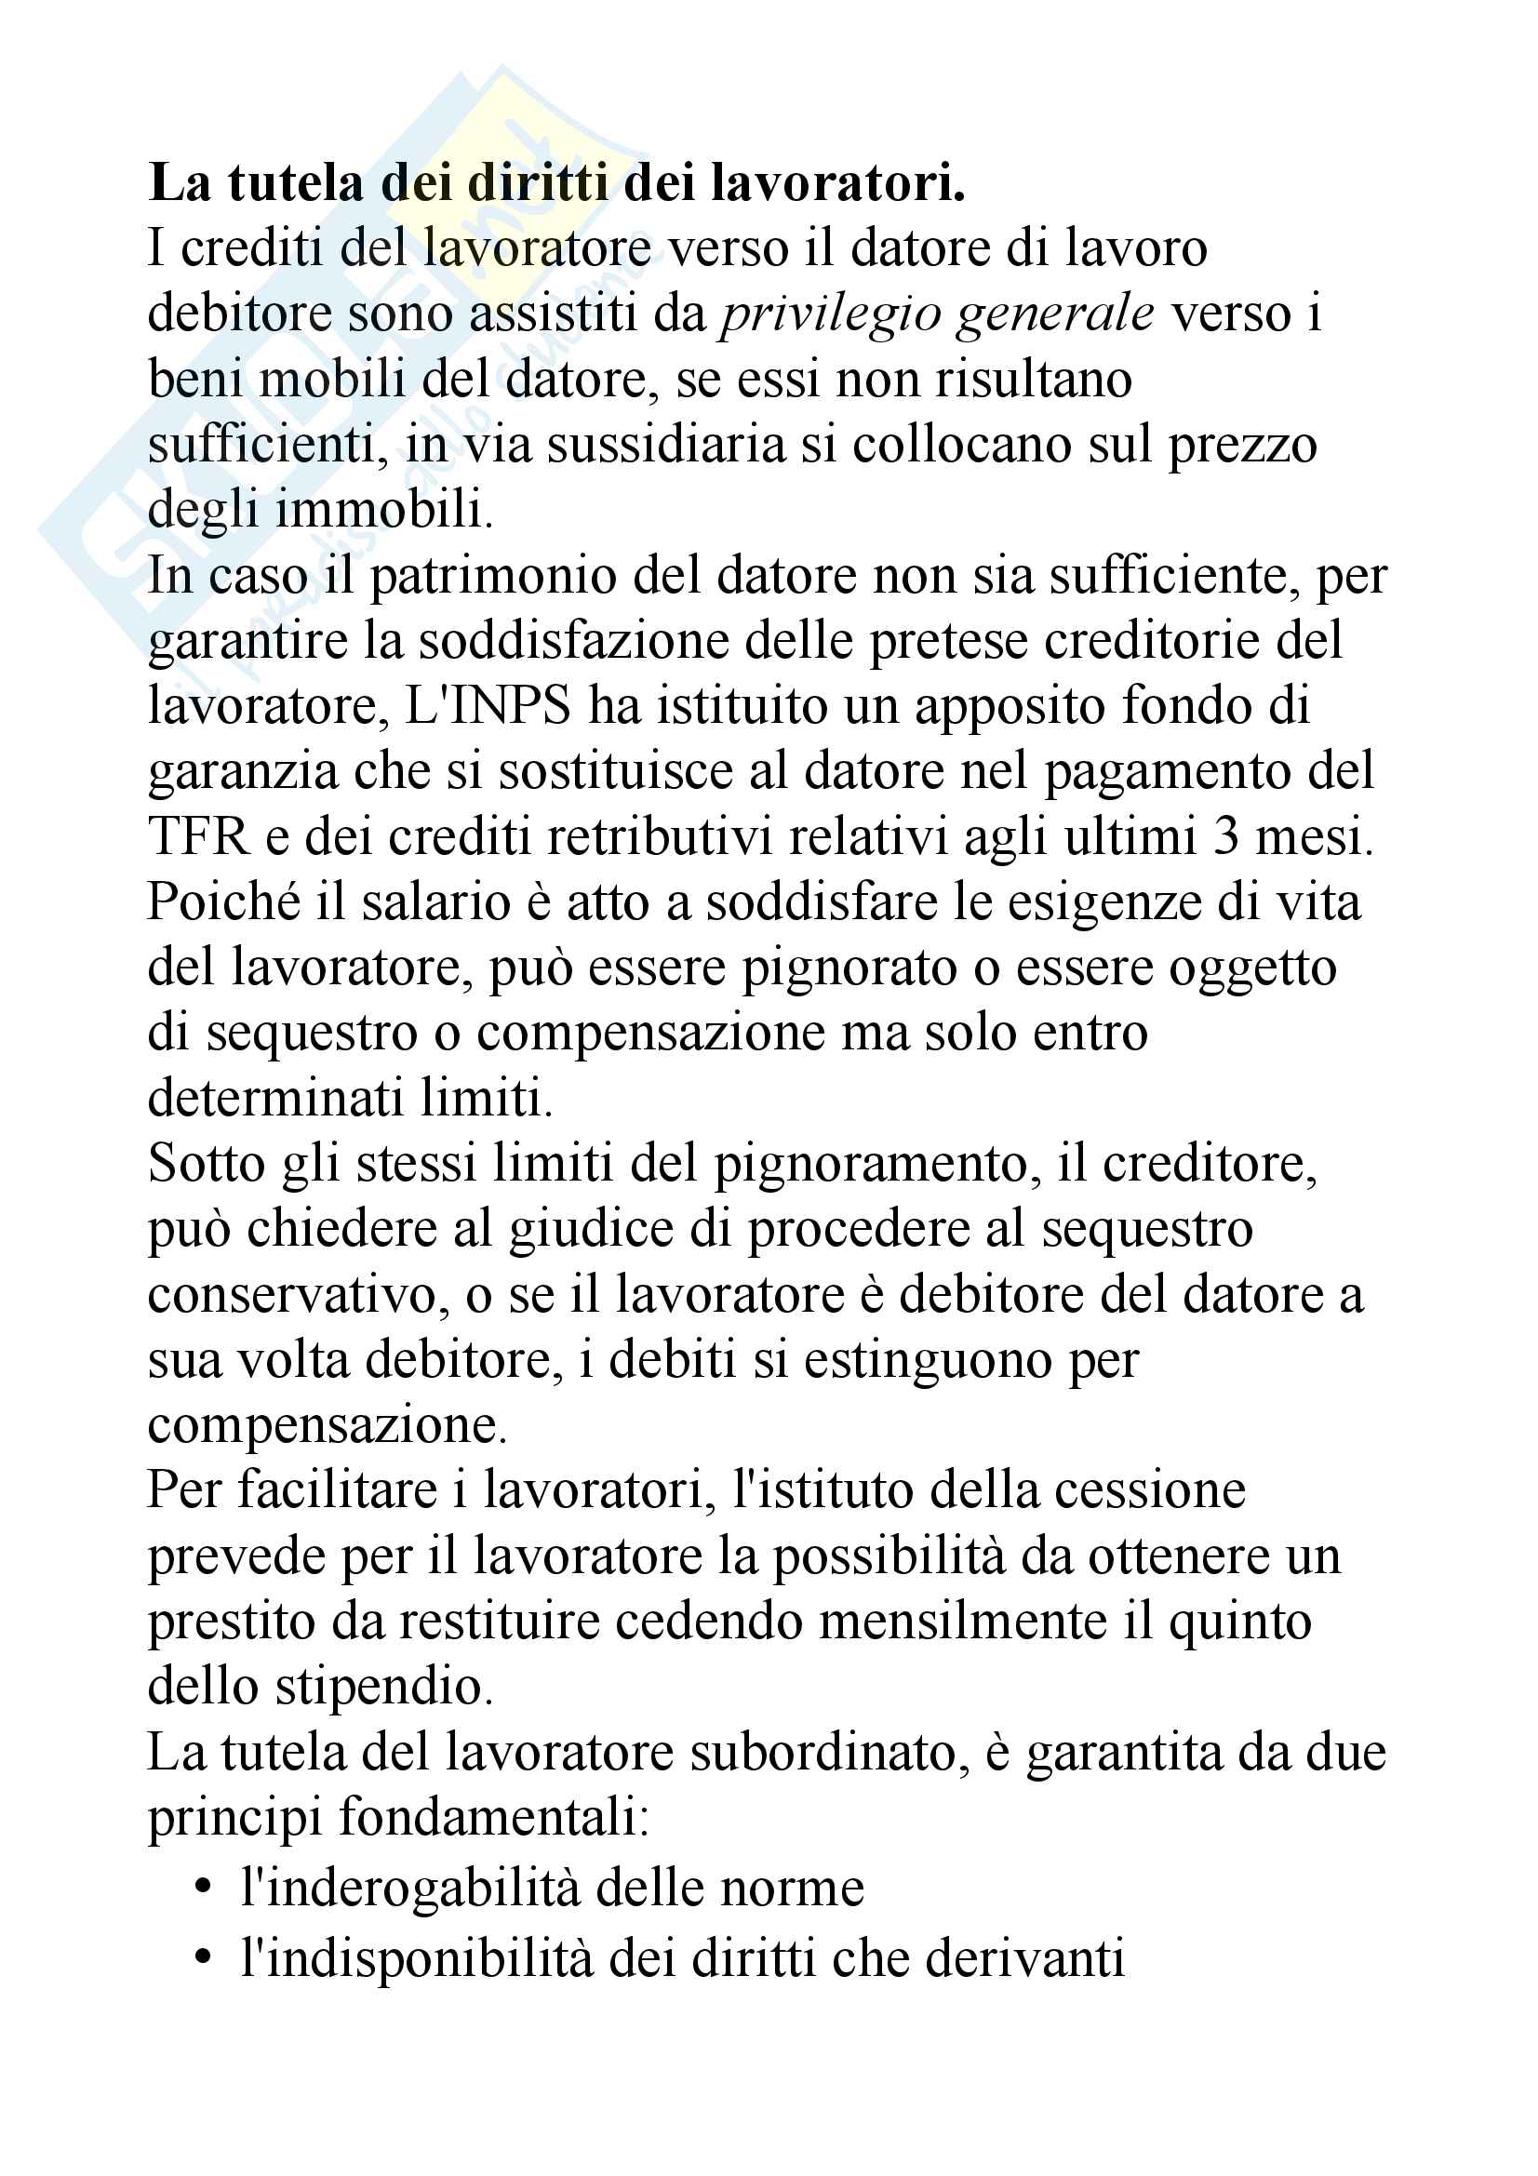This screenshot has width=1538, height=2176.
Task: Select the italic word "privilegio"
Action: (829, 314)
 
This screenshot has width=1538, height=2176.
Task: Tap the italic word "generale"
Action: (1055, 314)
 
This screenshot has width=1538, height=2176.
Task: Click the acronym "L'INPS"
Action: (488, 706)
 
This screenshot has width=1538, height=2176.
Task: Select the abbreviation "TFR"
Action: (198, 837)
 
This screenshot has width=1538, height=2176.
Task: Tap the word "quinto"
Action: (1239, 1622)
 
